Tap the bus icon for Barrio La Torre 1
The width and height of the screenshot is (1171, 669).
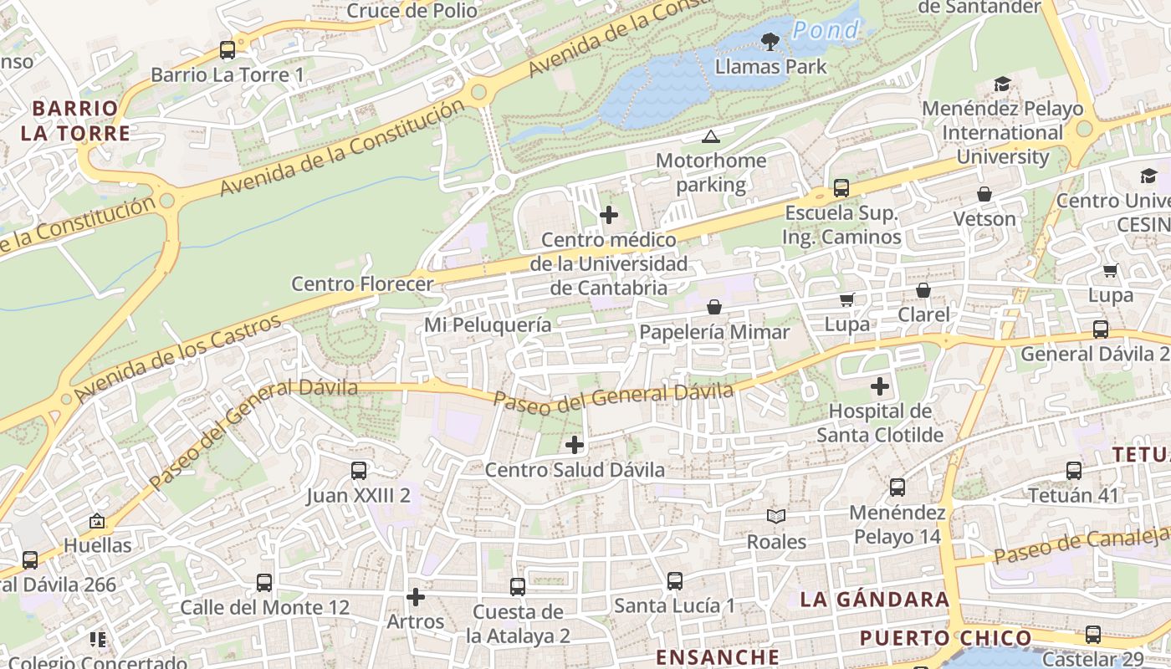228,49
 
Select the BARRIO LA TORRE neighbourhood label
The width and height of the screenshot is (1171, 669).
75,120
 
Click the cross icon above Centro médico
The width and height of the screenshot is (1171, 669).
609,215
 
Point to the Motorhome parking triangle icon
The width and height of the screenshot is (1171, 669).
711,136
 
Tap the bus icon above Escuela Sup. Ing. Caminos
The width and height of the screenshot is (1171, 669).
841,188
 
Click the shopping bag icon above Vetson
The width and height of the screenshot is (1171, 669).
984,194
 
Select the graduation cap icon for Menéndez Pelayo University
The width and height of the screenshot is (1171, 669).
1002,84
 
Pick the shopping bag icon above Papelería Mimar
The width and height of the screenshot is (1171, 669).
714,307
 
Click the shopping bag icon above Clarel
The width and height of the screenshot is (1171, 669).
923,290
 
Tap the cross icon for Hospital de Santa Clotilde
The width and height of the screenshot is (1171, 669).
880,386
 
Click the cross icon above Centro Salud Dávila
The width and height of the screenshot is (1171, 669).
575,445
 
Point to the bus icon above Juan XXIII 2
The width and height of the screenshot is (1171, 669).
359,470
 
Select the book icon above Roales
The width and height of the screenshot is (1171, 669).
776,517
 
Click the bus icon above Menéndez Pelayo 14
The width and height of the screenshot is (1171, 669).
897,487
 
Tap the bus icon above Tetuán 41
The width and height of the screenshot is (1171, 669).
1074,470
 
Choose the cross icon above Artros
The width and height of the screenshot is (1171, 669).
415,597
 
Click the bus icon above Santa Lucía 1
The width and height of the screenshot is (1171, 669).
675,580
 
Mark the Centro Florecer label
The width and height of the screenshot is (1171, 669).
362,283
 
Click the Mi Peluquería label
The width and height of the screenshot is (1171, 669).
488,324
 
